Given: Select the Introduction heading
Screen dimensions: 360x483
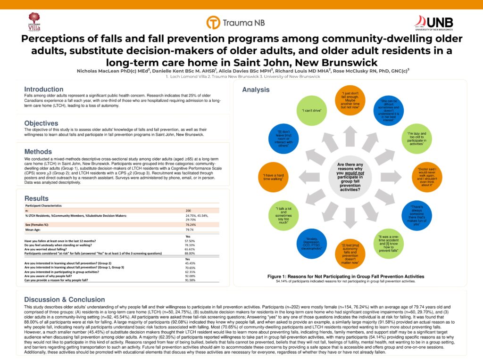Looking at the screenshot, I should click(44, 89).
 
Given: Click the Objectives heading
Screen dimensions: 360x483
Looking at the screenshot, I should click(42, 123).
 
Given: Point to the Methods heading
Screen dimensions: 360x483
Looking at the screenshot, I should click(39, 152).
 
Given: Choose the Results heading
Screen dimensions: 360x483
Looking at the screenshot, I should click(36, 198).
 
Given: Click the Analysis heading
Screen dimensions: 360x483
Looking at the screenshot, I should click(256, 90).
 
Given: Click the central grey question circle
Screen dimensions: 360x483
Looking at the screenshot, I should click(350, 177).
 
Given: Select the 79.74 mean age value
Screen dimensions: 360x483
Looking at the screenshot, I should click(191, 230).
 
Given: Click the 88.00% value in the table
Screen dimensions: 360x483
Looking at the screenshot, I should click(191, 254).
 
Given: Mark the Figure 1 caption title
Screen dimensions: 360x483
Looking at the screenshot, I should click(345, 276).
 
